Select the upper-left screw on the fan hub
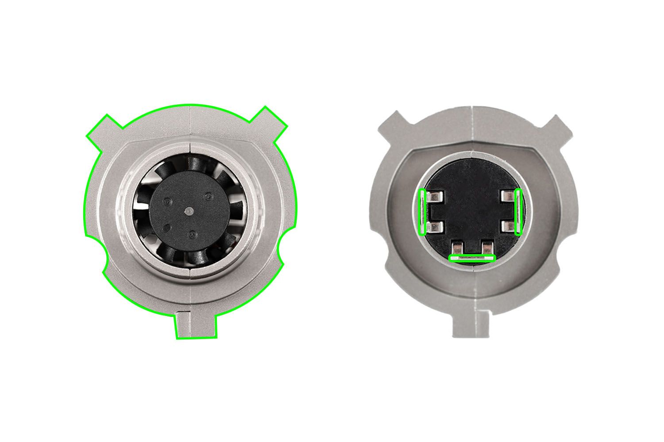166,201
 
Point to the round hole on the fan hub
168,228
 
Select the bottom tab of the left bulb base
196,325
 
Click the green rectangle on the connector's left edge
423,212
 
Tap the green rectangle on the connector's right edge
519,212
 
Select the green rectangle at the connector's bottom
472,258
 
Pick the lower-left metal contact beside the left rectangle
436,228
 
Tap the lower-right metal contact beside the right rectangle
506,228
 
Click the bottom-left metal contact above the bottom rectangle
457,247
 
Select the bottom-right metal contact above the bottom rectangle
487,247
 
